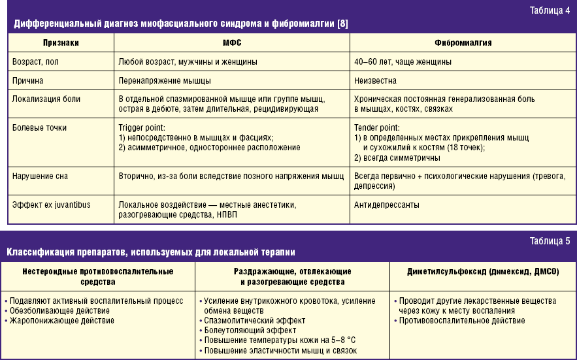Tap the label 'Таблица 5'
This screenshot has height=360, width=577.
coord(551,241)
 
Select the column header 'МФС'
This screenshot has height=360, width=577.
coord(231,42)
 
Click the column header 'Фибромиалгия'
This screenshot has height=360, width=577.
coord(463,42)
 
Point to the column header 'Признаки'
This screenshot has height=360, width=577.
coord(61,42)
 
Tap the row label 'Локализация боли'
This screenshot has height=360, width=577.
coord(46,99)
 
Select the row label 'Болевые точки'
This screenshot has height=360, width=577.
coord(40,128)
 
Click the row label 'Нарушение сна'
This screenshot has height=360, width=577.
coord(40,176)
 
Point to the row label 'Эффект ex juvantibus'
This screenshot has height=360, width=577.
coord(52,205)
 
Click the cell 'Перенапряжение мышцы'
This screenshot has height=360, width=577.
coord(165,80)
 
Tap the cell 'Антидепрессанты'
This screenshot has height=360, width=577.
coord(387,205)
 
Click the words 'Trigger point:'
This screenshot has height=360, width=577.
coord(142,128)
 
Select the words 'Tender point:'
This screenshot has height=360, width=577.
coord(376,128)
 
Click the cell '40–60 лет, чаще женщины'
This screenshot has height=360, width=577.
coord(403,61)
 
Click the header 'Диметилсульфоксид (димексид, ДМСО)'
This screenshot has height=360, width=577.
coord(483,270)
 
